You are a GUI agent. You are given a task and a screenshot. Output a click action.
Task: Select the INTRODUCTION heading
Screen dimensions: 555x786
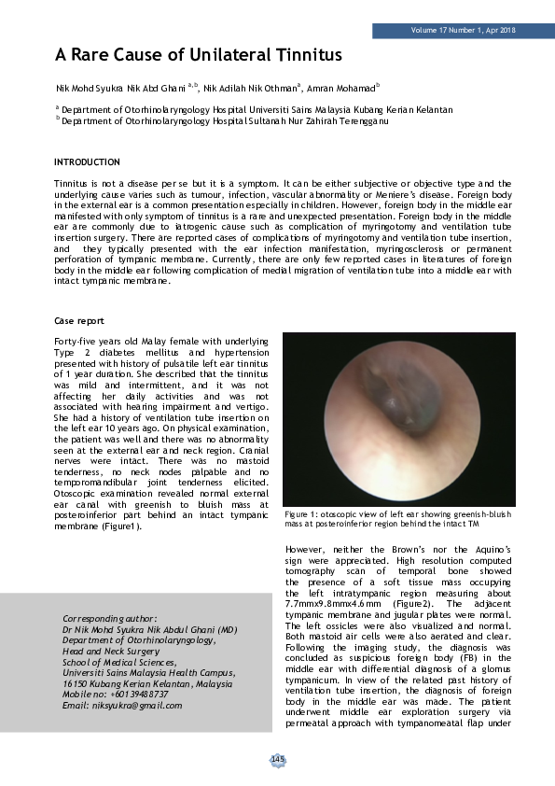click(x=87, y=162)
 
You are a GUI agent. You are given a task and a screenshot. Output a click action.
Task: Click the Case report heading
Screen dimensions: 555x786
click(x=79, y=320)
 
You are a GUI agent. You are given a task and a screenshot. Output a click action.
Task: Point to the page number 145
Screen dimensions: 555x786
click(x=277, y=760)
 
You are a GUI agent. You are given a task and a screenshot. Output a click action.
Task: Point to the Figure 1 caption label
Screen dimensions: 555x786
click(x=303, y=514)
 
